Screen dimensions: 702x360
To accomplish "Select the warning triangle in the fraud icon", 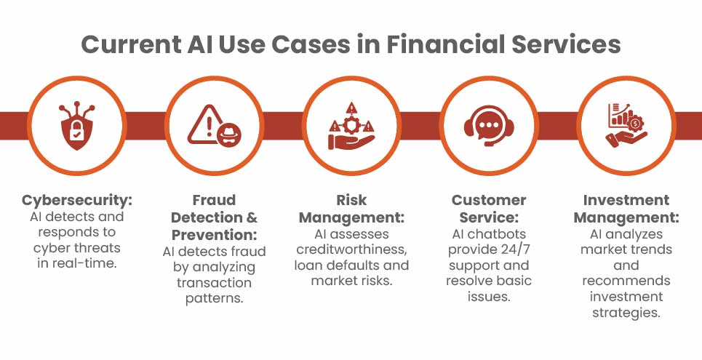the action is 205,124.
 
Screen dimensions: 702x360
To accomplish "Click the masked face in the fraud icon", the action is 228,135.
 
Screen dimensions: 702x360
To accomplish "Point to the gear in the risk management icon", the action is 351,127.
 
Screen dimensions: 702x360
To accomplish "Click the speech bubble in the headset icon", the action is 489,124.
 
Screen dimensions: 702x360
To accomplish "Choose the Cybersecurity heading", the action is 77,200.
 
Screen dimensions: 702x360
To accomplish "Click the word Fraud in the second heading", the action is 214,200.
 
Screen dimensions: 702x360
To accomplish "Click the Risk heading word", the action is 351,200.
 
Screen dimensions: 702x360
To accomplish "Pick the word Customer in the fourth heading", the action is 489,200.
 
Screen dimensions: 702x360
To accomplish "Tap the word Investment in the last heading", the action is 626,200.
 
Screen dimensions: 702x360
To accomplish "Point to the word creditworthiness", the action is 351,249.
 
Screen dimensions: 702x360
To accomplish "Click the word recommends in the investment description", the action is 626,281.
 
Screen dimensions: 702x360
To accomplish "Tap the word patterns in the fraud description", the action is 215,298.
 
